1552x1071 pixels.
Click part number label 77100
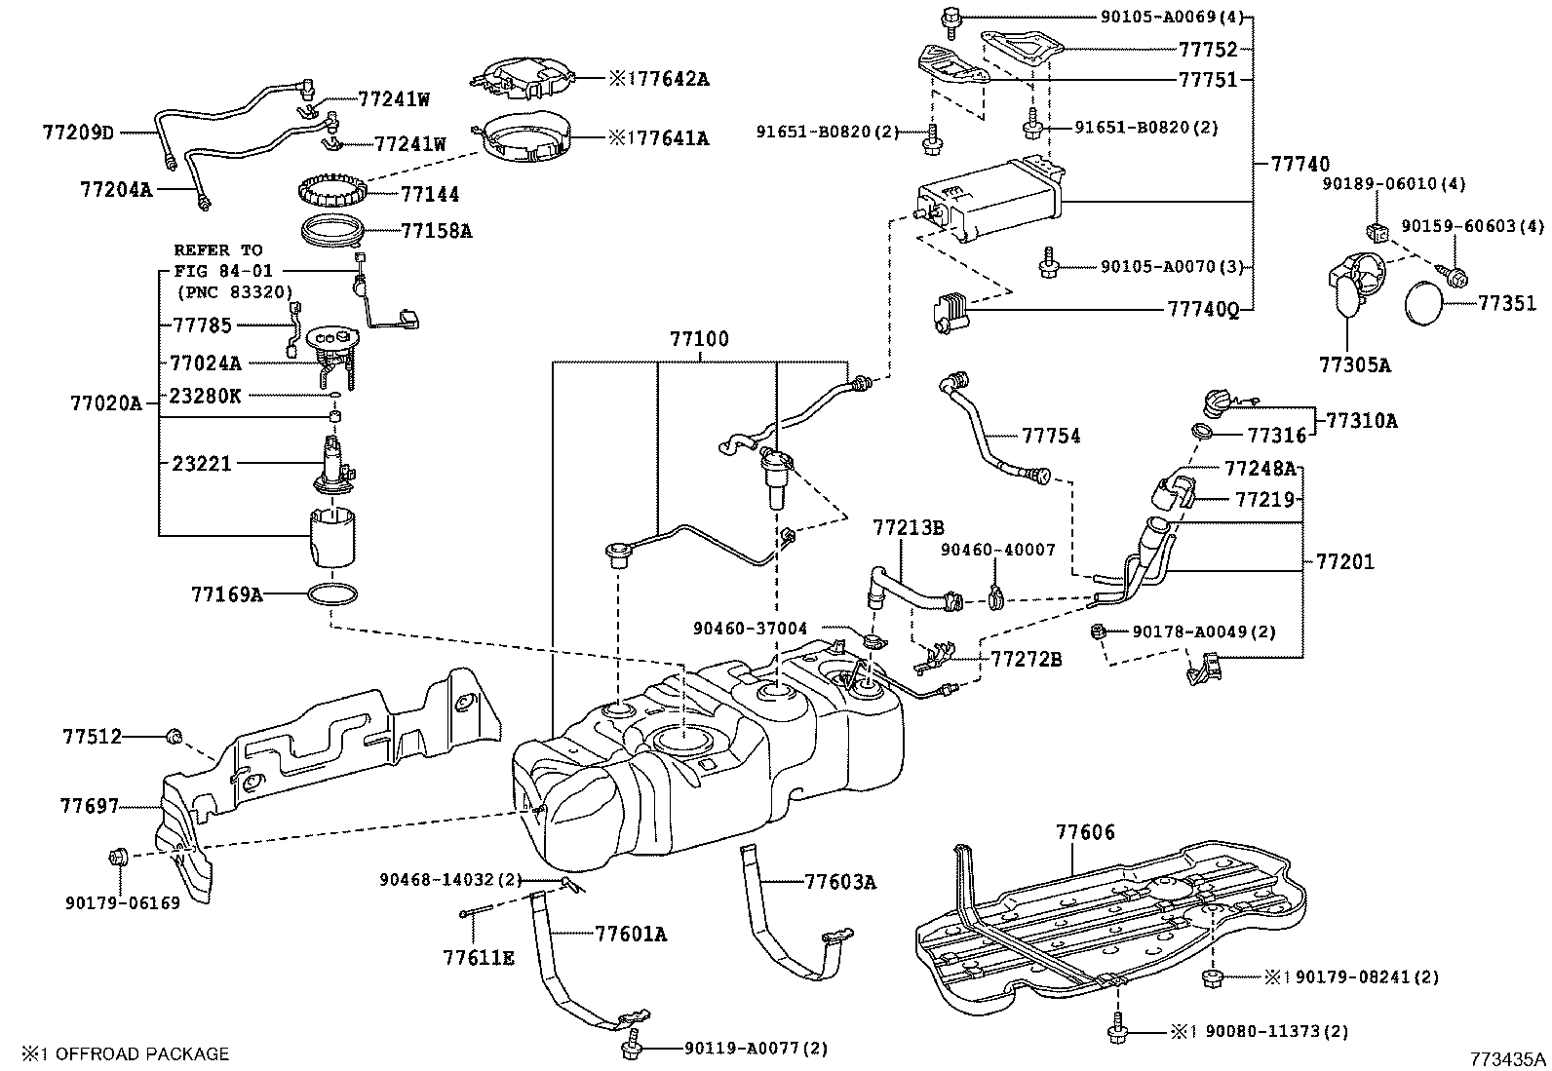tap(699, 339)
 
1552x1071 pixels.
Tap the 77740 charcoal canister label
tap(1300, 164)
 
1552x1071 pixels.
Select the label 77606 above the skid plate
tap(1086, 832)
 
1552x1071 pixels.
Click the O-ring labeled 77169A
tap(332, 593)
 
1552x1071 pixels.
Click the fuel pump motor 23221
tap(335, 466)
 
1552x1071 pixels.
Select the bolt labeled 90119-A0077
tap(632, 1043)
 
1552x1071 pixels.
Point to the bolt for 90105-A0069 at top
tap(950, 20)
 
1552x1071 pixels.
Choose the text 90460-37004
tap(751, 629)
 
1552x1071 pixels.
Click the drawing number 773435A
tap(1508, 1059)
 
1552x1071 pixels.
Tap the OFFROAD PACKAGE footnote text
tap(142, 1054)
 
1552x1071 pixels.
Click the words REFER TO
tap(218, 250)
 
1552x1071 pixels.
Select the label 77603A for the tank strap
tap(840, 882)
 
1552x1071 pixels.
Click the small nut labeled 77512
tap(174, 736)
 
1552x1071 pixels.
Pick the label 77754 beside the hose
tap(1051, 436)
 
